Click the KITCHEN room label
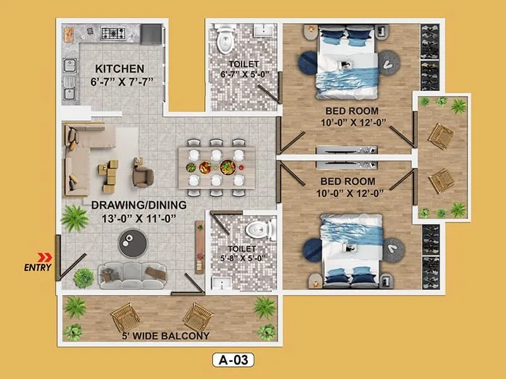pyautogui.click(x=120, y=68)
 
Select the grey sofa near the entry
pyautogui.click(x=123, y=274)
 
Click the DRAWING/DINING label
pyautogui.click(x=138, y=205)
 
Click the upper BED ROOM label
pyautogui.click(x=346, y=109)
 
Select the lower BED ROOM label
pyautogui.click(x=347, y=181)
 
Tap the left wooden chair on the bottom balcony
pyautogui.click(x=125, y=315)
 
